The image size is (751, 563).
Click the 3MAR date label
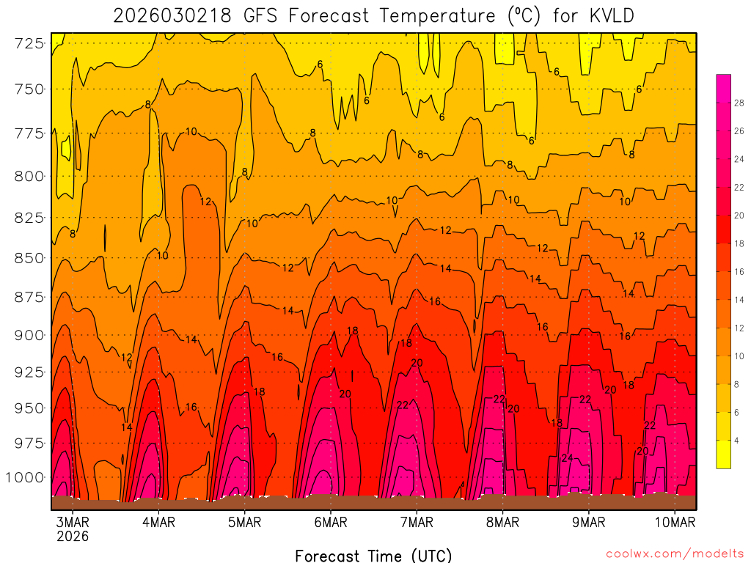(x=73, y=522)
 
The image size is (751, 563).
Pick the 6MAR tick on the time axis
(x=330, y=522)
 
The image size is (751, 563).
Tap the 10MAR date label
(x=674, y=522)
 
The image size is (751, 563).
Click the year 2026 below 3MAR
(x=73, y=536)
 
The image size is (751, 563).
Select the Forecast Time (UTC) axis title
(x=373, y=555)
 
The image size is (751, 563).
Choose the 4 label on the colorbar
(x=737, y=441)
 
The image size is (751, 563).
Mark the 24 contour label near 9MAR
(x=567, y=457)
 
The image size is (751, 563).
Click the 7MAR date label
(x=417, y=522)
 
